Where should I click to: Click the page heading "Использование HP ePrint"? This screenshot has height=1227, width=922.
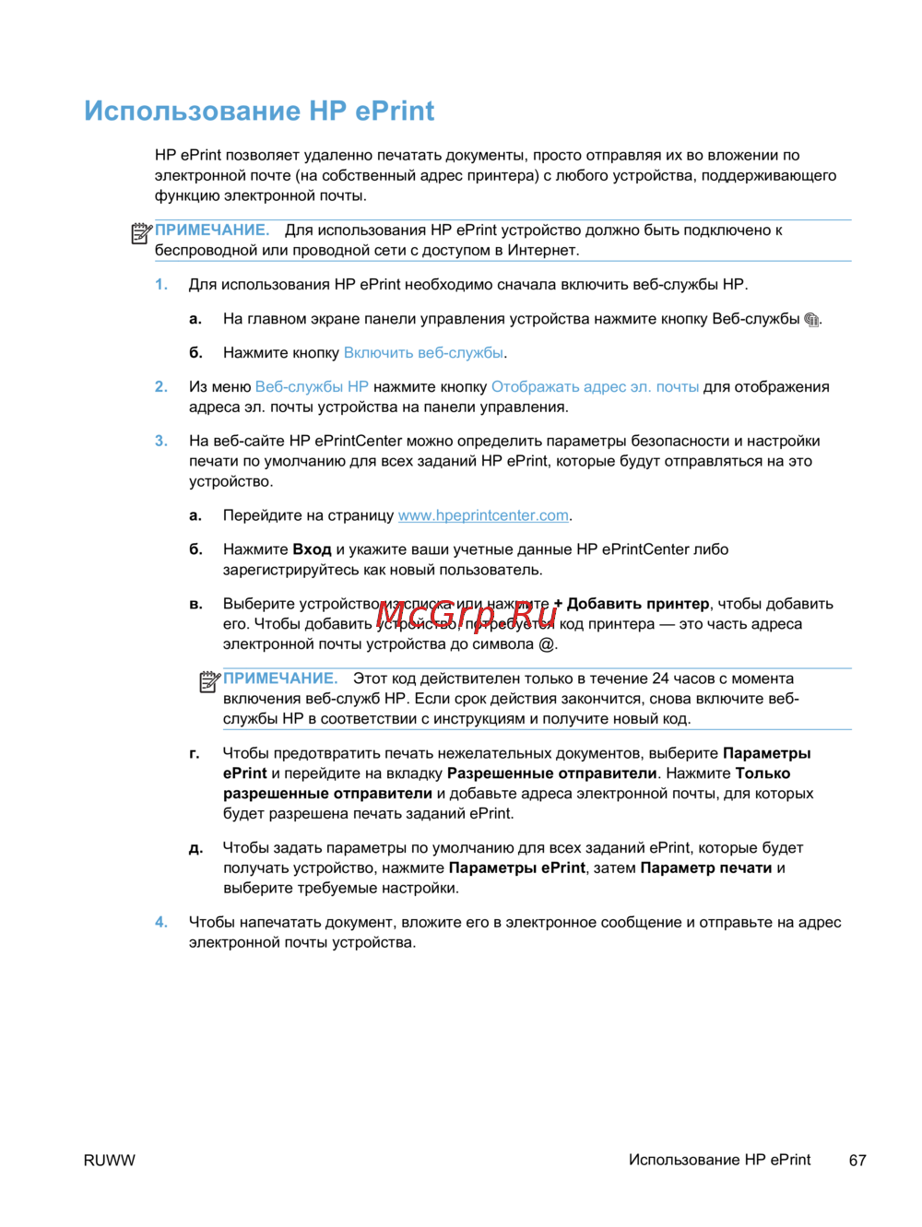[259, 111]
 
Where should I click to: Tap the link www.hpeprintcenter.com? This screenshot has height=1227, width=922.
[483, 515]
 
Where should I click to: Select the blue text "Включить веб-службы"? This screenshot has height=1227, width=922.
[423, 353]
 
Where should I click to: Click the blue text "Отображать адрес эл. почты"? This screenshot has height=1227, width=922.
[595, 387]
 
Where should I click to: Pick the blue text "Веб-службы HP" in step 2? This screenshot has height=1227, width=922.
[312, 387]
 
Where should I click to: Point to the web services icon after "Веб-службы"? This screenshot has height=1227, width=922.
[811, 320]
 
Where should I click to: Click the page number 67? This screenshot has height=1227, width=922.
[857, 1161]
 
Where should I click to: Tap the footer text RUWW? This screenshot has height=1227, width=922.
[109, 1161]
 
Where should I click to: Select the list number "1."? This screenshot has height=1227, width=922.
[161, 285]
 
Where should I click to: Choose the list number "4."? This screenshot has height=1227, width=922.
[161, 923]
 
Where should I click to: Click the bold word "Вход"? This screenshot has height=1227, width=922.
[312, 549]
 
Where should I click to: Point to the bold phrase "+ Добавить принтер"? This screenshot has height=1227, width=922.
[632, 604]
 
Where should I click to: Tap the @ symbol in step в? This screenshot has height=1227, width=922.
[547, 644]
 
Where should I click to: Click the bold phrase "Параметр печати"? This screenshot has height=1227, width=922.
[706, 868]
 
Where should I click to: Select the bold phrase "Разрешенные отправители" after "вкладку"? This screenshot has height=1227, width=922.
[551, 773]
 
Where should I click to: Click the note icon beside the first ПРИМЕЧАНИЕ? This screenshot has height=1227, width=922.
[141, 234]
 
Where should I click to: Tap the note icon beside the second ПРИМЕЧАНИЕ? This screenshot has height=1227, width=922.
[210, 682]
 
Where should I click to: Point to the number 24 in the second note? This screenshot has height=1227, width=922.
[660, 678]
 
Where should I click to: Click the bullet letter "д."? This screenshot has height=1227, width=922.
[195, 848]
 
